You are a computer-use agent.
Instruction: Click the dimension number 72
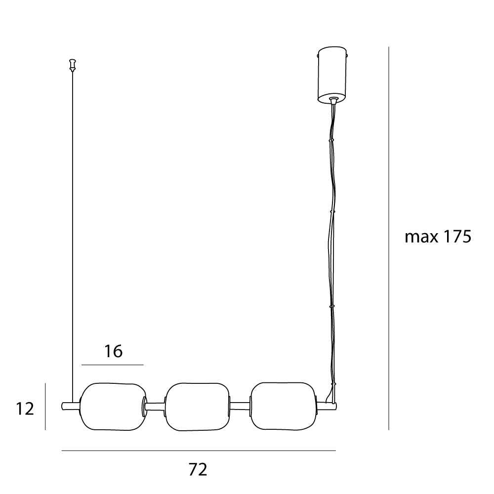point(198,469)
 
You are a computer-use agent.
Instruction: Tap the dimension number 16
point(114,351)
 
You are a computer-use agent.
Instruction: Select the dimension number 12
point(25,409)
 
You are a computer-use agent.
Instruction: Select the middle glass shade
point(198,407)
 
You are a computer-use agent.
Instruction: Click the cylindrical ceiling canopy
point(332,75)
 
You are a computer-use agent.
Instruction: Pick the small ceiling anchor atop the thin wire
point(73,65)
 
